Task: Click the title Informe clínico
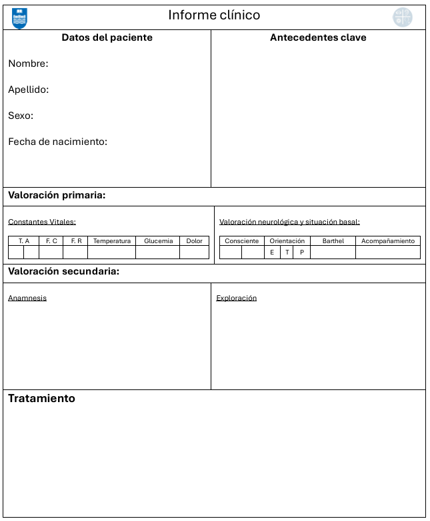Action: point(214,15)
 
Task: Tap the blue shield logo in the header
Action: point(20,18)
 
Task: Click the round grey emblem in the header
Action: point(403,17)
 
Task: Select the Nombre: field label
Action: point(28,63)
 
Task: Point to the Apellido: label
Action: point(29,90)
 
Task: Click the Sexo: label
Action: point(21,116)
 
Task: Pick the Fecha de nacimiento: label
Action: point(57,142)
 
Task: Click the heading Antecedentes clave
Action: point(318,38)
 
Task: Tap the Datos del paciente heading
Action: point(107,38)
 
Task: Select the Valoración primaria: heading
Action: point(57,196)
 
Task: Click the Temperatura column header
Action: point(112,241)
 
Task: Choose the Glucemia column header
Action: point(158,241)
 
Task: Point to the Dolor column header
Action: point(194,241)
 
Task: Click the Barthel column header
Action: point(333,241)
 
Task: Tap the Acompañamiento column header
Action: point(388,241)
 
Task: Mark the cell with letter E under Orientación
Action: point(272,252)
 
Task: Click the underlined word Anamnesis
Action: point(27,298)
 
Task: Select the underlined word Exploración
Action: point(236,298)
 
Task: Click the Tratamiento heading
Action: point(41,399)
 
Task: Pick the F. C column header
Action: point(51,241)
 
